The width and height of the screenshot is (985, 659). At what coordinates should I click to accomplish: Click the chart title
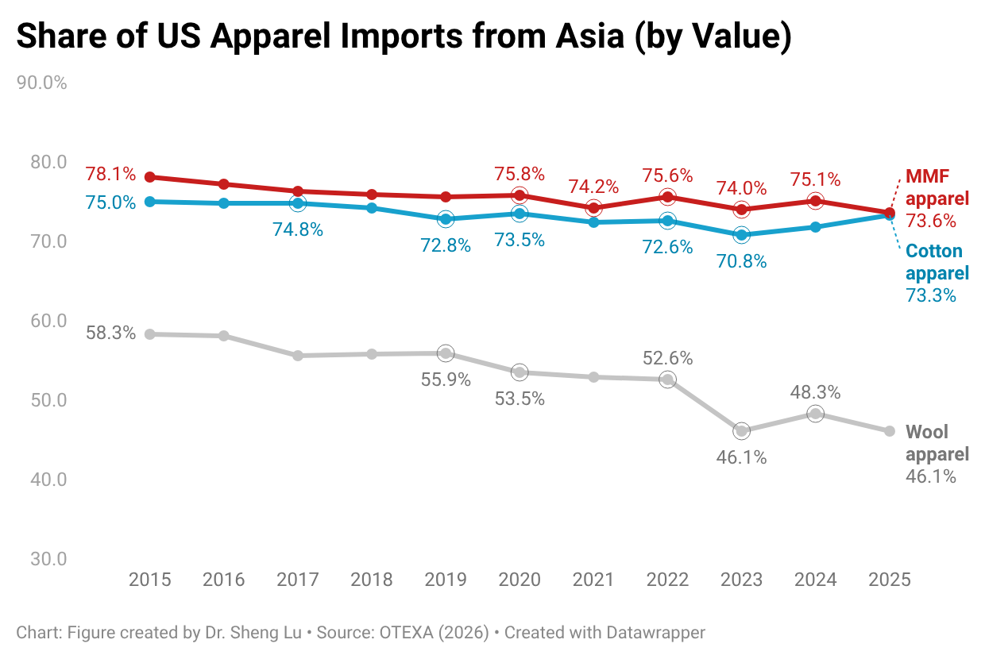404,37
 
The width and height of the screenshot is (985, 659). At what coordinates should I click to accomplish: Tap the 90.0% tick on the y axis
42,83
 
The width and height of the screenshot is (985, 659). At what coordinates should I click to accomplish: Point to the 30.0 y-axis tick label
48,559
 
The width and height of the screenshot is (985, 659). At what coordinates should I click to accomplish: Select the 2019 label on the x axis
446,580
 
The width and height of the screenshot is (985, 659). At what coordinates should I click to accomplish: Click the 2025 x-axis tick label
890,580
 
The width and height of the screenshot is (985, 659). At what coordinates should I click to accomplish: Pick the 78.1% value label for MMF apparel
111,174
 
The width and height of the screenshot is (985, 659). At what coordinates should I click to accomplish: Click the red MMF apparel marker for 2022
668,197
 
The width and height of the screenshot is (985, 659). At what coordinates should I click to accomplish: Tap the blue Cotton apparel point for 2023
742,235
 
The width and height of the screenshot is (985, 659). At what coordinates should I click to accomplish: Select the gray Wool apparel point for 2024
816,414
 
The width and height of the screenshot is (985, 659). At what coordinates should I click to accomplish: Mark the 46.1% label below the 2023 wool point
742,458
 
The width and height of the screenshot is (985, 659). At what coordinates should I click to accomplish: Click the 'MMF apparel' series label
937,187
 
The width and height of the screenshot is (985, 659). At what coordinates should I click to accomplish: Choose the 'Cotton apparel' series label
937,263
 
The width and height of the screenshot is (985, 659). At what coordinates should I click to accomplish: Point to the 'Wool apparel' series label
937,443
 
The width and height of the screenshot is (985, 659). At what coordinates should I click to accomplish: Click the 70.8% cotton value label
742,260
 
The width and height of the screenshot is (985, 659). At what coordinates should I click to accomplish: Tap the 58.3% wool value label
111,333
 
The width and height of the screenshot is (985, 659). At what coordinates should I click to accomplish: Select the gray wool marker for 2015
150,334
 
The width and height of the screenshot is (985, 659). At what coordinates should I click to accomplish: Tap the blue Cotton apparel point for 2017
298,203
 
